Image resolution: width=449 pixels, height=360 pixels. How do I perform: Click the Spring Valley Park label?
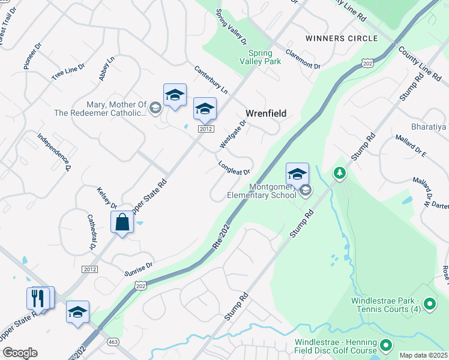click(x=260, y=57)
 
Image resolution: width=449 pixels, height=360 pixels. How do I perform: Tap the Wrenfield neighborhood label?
click(x=265, y=113)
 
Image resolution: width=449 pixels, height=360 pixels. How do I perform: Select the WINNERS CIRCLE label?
click(x=342, y=38)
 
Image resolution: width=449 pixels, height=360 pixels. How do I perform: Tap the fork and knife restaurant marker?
click(x=38, y=298)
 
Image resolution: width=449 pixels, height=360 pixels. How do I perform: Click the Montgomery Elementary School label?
click(x=261, y=190)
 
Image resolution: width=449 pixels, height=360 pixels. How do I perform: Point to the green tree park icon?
click(x=340, y=173)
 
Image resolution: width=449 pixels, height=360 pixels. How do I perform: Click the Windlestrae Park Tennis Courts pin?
click(x=429, y=304)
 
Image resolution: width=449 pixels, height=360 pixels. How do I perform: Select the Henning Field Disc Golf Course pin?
click(x=385, y=346)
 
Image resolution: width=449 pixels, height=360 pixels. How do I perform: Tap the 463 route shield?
click(x=112, y=341)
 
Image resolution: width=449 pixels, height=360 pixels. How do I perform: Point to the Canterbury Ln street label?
click(x=211, y=80)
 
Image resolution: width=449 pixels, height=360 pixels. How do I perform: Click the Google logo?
click(x=19, y=353)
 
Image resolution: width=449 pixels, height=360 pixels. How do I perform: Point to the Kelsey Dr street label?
click(x=106, y=199)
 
